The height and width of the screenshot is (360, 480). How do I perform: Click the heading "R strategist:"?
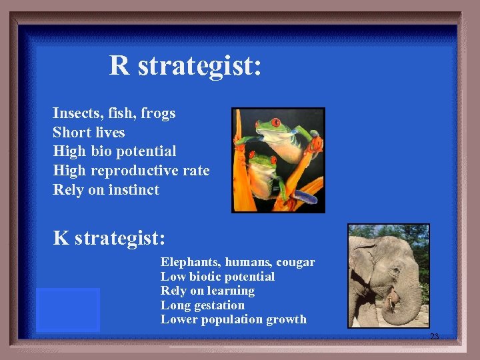coord(185,65)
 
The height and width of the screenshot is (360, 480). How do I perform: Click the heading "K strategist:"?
coord(109,237)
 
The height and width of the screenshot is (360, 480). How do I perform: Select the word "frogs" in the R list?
coord(158,113)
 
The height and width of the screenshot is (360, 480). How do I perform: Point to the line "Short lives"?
coord(89,132)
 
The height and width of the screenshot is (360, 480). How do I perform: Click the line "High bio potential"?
coord(115,151)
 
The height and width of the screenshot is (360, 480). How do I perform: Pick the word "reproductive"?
coord(137,171)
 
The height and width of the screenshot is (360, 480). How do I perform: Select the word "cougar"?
coord(294,262)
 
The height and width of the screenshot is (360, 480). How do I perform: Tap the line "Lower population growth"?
coord(233,319)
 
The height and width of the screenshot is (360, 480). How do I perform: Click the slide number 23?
coord(434,337)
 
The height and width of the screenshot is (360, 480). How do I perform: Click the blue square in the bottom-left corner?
coord(67,310)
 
